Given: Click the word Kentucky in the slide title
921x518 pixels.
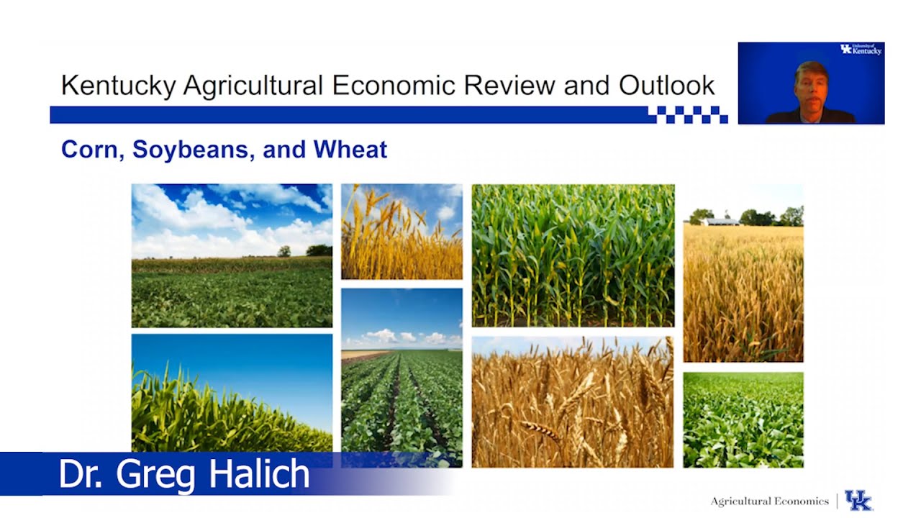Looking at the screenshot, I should [118, 86].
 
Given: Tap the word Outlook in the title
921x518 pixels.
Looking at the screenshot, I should [666, 86].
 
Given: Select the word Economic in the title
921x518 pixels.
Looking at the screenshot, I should [394, 86].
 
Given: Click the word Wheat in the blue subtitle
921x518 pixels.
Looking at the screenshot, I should [350, 149].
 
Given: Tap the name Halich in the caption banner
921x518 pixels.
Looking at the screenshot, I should [258, 475].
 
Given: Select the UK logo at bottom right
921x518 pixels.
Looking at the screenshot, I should [858, 501].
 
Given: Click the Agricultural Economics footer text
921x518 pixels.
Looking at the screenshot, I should [769, 501].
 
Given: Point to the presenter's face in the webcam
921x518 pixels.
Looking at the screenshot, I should [811, 83].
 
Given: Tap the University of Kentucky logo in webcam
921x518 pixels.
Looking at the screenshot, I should [861, 50].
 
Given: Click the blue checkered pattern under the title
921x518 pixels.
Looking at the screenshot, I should [687, 114].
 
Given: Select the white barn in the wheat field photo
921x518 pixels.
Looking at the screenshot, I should [720, 222].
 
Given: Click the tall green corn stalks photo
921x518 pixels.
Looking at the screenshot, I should [573, 255].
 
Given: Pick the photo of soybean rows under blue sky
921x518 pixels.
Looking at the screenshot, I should [401, 378].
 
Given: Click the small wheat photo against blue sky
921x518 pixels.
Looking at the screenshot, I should [401, 232].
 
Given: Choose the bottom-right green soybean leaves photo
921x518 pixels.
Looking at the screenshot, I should [743, 419].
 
